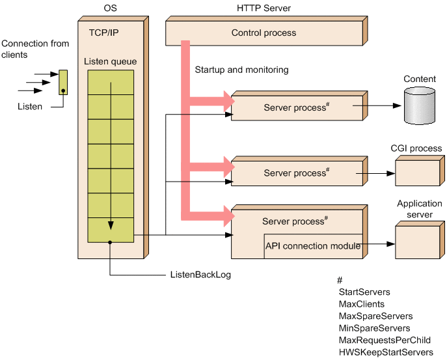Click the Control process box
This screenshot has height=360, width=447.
coord(264,33)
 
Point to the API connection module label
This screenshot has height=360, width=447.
coord(313,246)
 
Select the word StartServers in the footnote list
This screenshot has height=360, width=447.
coord(364,292)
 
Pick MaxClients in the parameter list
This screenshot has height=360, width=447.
coord(362,304)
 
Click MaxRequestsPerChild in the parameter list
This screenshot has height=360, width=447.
coord(385,340)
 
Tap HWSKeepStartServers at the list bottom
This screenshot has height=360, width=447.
coord(386,352)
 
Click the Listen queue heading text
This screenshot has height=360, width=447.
coord(111,62)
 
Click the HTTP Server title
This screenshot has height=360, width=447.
coord(264,8)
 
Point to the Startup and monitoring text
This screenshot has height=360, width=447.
coord(241,70)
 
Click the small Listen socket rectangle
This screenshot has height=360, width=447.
coord(63,83)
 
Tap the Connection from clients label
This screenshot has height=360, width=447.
coord(35,49)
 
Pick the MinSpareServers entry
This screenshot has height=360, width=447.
coord(375,328)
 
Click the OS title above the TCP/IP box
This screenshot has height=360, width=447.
coord(111,8)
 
